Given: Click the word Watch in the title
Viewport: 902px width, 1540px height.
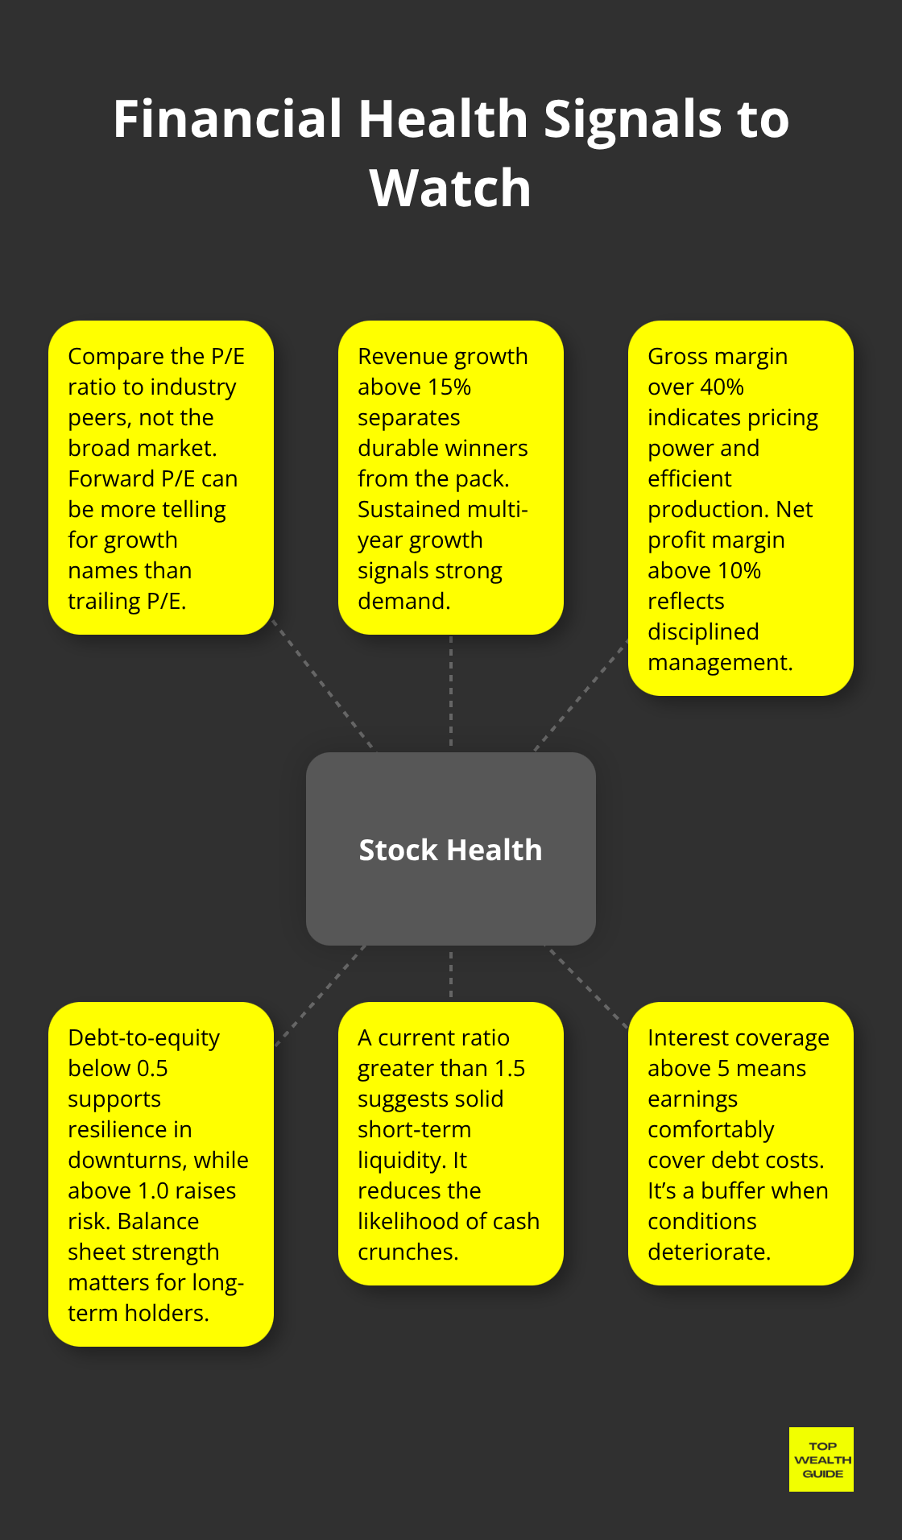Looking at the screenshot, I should (450, 188).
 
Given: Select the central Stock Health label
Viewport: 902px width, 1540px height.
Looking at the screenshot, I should (450, 850).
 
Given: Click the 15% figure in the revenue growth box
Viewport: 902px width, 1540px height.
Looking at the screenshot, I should (449, 387).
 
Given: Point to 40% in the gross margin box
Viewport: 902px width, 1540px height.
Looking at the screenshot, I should (722, 387).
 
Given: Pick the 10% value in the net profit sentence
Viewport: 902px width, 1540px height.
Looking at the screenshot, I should (739, 571).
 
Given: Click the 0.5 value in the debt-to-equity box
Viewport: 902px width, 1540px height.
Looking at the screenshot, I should (152, 1069).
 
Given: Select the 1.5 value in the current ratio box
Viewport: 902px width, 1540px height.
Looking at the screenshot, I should (509, 1069).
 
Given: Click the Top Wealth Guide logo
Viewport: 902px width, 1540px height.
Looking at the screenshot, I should (821, 1459).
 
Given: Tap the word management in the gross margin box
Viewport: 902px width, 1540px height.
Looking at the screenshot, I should (719, 663).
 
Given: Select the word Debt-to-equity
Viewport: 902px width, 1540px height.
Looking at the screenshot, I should (143, 1038).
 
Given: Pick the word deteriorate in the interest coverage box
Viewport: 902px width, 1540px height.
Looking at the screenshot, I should (709, 1252).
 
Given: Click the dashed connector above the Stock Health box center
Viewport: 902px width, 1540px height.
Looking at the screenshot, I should (450, 693).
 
